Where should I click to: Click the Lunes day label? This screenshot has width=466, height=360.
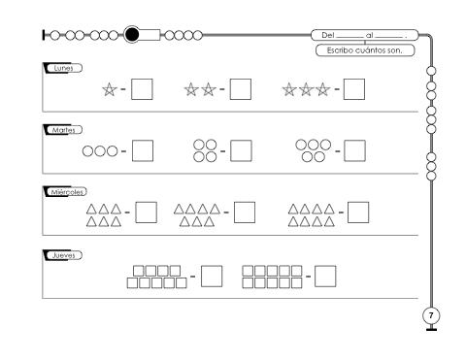pos(63,68)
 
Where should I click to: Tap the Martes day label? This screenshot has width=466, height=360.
pos(63,130)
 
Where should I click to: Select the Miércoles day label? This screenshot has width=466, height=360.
pos(67,192)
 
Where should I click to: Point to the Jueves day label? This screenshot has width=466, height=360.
pos(63,255)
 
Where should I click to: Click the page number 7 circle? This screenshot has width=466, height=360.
pos(431,315)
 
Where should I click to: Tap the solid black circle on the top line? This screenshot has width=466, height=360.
pos(132,35)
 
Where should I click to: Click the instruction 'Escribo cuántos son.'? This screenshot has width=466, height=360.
pos(365,50)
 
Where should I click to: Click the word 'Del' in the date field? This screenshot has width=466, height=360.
pos(327,35)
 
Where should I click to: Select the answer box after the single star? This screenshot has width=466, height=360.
pos(142,89)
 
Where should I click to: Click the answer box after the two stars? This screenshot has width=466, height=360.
pos(241,89)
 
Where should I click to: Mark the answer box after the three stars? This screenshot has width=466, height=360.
pos(354,89)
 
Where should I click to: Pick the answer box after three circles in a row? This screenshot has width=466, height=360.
pos(143,150)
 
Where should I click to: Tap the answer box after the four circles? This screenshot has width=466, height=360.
pos(241,150)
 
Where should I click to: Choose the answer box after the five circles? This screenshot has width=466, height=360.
pos(354,150)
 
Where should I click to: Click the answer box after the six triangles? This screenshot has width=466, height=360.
pos(146,213)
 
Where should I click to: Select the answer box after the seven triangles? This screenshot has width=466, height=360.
pos(245,213)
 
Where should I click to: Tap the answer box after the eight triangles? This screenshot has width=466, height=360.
pos(358,213)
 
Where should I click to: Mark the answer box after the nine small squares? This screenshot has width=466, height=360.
pos(212,277)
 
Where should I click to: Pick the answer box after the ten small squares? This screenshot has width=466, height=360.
pos(325,277)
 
